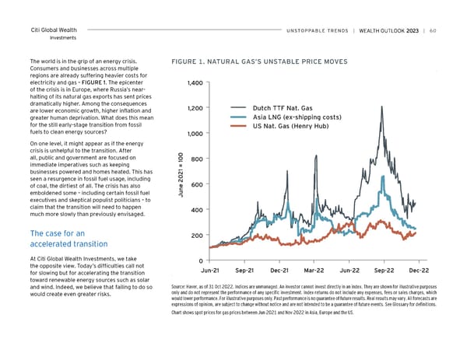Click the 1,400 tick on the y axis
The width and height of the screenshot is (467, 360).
(195, 82)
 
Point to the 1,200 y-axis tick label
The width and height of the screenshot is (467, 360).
(195, 108)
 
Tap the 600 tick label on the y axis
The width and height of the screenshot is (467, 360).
(197, 184)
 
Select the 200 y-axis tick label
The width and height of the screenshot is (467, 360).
(197, 236)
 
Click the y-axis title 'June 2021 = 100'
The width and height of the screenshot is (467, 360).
(180, 173)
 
